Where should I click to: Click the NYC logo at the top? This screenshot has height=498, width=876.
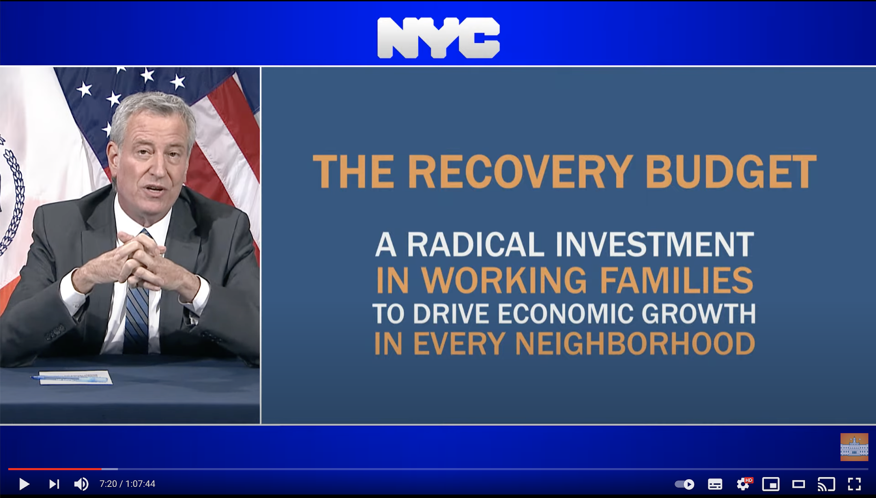pyautogui.click(x=438, y=38)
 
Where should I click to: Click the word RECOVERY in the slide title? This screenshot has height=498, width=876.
pyautogui.click(x=520, y=172)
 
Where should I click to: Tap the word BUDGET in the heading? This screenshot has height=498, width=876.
pyautogui.click(x=731, y=172)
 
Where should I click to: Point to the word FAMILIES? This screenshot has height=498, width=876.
pyautogui.click(x=676, y=280)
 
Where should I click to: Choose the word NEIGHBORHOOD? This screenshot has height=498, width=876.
pyautogui.click(x=635, y=344)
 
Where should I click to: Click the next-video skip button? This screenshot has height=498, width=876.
pyautogui.click(x=54, y=484)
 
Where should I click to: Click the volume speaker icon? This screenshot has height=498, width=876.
pyautogui.click(x=81, y=484)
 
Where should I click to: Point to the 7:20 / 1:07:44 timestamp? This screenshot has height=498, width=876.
pyautogui.click(x=127, y=484)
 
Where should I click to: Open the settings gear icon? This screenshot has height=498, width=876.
pyautogui.click(x=743, y=484)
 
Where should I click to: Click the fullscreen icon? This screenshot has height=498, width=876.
pyautogui.click(x=854, y=484)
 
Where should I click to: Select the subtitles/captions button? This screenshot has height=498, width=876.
pyautogui.click(x=715, y=484)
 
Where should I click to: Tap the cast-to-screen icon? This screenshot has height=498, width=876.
pyautogui.click(x=826, y=484)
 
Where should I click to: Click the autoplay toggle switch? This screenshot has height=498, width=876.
pyautogui.click(x=684, y=484)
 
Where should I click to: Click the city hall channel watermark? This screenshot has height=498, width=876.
pyautogui.click(x=854, y=447)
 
